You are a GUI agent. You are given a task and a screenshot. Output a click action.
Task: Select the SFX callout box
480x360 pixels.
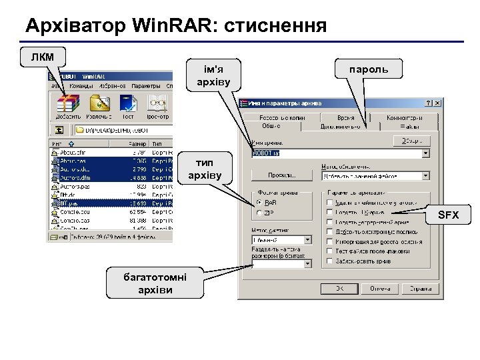click(x=448, y=215)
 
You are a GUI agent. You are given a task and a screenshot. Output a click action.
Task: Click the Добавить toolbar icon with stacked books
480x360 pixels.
click(x=68, y=106)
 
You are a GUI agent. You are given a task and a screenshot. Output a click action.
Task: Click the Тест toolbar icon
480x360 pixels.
click(x=127, y=106)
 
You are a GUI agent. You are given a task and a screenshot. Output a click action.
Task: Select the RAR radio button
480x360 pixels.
click(x=259, y=203)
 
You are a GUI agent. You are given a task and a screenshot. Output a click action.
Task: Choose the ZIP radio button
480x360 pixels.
click(x=259, y=213)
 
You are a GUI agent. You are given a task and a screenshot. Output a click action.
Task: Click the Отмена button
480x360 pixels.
click(x=381, y=289)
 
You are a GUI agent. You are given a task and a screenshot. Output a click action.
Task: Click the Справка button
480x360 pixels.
click(x=420, y=289)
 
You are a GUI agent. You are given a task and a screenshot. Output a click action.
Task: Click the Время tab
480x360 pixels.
click(x=345, y=117)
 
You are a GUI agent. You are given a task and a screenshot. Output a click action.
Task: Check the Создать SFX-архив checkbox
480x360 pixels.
click(x=330, y=212)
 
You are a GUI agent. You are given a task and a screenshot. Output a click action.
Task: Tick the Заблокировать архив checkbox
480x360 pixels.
click(x=330, y=262)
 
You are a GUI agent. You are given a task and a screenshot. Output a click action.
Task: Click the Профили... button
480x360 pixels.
click(x=281, y=175)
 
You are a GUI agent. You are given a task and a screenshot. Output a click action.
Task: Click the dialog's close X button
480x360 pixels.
click(x=437, y=103)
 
